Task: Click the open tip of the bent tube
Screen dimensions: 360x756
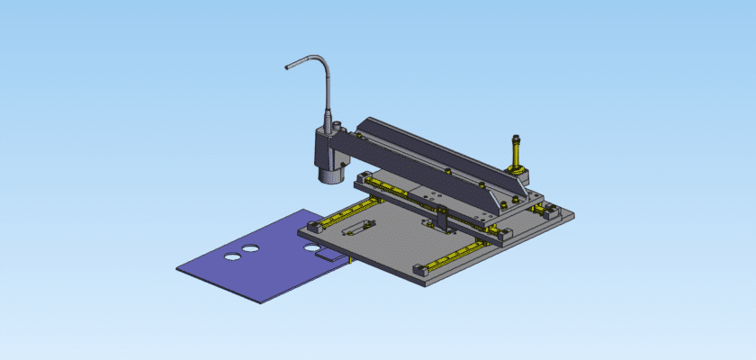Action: [x=287, y=67]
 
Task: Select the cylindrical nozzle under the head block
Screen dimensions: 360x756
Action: [x=330, y=171]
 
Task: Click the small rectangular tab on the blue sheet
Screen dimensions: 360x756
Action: [x=331, y=256]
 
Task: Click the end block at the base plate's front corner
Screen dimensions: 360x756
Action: [x=420, y=269]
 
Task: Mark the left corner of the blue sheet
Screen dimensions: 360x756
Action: [x=178, y=267]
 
